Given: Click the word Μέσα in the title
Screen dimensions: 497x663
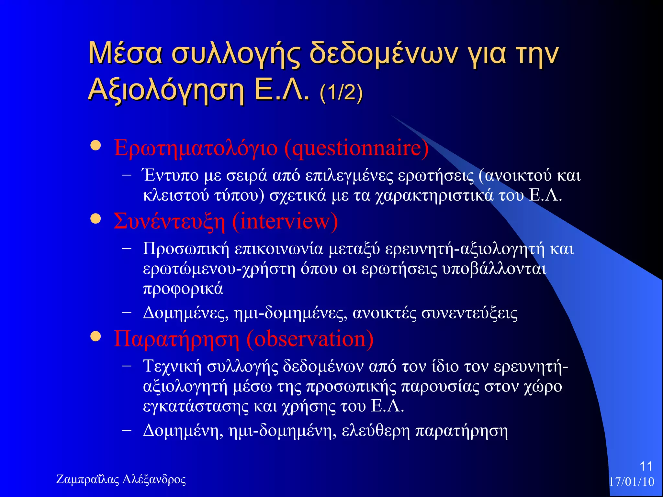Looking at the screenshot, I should (125, 53).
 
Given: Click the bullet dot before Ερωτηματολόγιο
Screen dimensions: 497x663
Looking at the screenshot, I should (96, 146).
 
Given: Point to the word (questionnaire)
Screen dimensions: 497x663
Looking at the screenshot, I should (356, 148).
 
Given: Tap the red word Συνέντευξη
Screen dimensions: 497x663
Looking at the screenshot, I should (169, 222).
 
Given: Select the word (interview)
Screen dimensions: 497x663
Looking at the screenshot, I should (285, 222).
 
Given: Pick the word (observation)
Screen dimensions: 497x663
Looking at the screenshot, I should (310, 339).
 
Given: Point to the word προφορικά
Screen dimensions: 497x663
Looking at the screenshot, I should (183, 289).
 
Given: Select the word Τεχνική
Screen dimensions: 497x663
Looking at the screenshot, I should (172, 366).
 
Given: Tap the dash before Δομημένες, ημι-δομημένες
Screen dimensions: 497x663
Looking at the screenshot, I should (127, 313).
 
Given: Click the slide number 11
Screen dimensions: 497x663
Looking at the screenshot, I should (646, 466).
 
